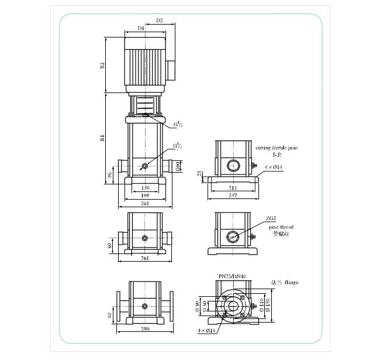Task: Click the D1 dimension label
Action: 141,28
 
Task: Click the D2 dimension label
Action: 160,21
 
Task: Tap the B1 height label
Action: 102,138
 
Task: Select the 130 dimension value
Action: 144,188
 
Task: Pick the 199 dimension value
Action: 144,196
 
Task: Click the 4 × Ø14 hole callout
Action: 273,167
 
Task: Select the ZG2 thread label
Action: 271,218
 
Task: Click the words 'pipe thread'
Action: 282,227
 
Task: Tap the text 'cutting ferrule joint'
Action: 277,149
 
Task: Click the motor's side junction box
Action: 172,68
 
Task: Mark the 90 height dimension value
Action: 109,174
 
